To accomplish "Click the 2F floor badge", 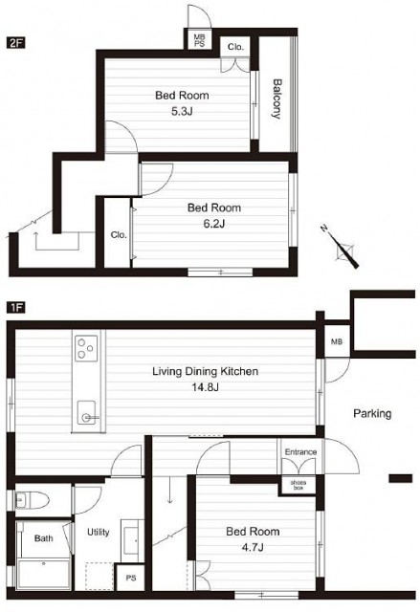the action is (15, 42).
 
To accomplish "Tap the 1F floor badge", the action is (15, 308).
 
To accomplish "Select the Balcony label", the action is (276, 98).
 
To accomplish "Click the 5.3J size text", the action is (182, 112).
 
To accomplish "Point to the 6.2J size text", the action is (214, 224).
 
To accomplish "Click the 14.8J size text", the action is (205, 387).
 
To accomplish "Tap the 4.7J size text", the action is (253, 547).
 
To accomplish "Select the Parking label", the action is (372, 413).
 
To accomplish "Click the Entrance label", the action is (300, 452).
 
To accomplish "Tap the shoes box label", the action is (298, 485).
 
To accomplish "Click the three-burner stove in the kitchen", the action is (86, 348).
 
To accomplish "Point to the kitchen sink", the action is (87, 412).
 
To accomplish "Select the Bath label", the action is (43, 538).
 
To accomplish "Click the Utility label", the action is (98, 532).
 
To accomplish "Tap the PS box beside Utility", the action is (131, 578).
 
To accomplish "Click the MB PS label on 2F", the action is (199, 40).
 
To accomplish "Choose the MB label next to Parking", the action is (337, 342).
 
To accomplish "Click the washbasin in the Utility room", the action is (130, 540).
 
